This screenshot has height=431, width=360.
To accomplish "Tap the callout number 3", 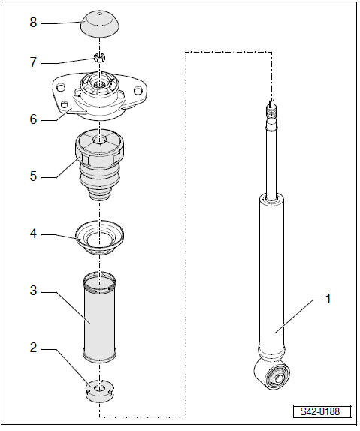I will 32,288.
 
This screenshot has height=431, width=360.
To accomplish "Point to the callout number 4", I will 32,234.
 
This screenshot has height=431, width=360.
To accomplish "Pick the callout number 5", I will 32,177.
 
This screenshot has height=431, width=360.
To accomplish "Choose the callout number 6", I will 32,119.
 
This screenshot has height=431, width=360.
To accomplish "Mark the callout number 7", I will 32,62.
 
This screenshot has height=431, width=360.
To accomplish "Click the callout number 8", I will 32,23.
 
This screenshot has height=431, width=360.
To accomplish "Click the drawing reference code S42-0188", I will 320,412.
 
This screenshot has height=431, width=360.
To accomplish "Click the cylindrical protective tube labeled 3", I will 100,319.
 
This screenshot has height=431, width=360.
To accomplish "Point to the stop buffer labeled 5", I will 99,165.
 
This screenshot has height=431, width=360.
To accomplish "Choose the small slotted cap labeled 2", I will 100,390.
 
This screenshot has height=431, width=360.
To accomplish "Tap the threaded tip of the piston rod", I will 271,113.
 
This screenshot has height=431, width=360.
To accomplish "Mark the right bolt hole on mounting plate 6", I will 138,92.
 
